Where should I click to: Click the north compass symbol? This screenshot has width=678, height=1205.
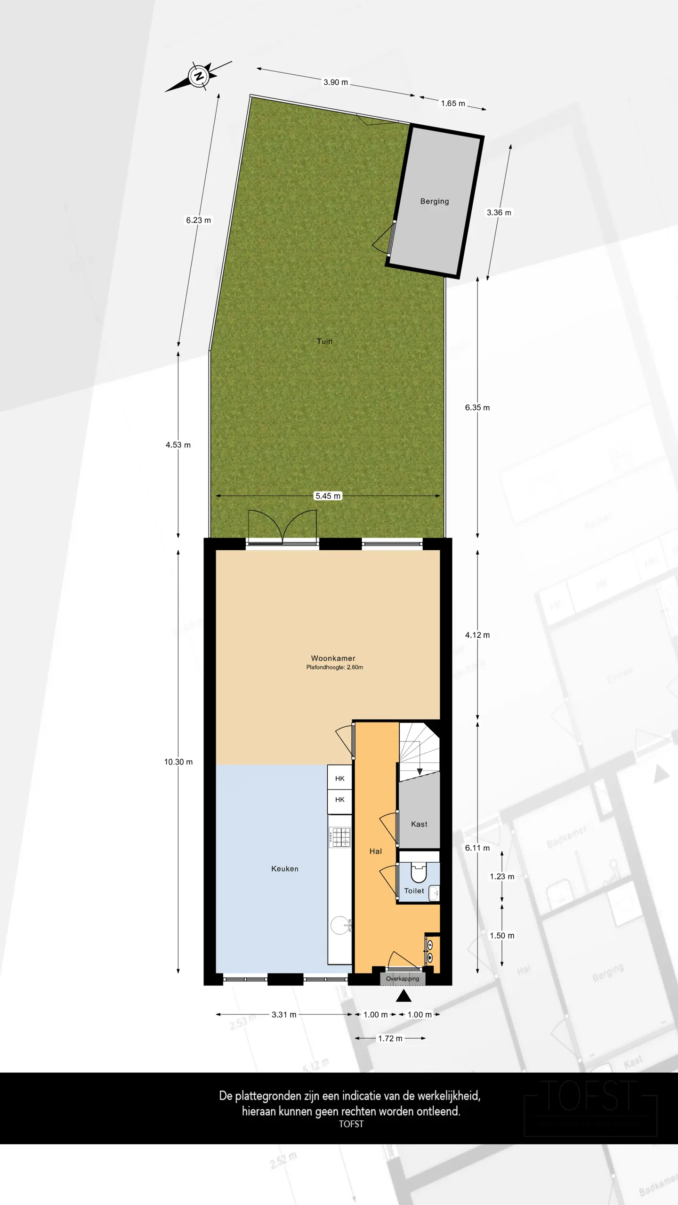199,76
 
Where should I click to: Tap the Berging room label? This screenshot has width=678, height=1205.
434,201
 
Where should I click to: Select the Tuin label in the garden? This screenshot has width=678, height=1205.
324,341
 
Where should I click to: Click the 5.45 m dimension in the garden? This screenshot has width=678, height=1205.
328,496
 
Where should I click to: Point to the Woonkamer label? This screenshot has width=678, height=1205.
333,658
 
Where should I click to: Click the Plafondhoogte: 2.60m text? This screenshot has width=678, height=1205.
334,667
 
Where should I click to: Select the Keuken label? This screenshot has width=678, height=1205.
284,868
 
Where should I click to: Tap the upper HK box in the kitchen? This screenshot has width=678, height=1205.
339,779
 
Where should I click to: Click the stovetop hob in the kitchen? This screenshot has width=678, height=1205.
339,837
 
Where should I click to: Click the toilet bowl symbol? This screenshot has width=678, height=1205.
418,873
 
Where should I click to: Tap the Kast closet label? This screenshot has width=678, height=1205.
419,824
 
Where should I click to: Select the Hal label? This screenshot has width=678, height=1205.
375,851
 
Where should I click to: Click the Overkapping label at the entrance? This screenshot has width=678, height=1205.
403,979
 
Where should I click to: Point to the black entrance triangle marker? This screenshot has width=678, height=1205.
404,996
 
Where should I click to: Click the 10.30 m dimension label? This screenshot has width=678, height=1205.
178,762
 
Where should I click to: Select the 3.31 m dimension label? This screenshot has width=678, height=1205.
284,1014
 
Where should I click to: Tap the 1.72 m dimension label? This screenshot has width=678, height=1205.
390,1038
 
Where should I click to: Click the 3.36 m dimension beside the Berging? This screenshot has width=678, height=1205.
499,213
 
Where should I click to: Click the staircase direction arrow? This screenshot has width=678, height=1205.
420,771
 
